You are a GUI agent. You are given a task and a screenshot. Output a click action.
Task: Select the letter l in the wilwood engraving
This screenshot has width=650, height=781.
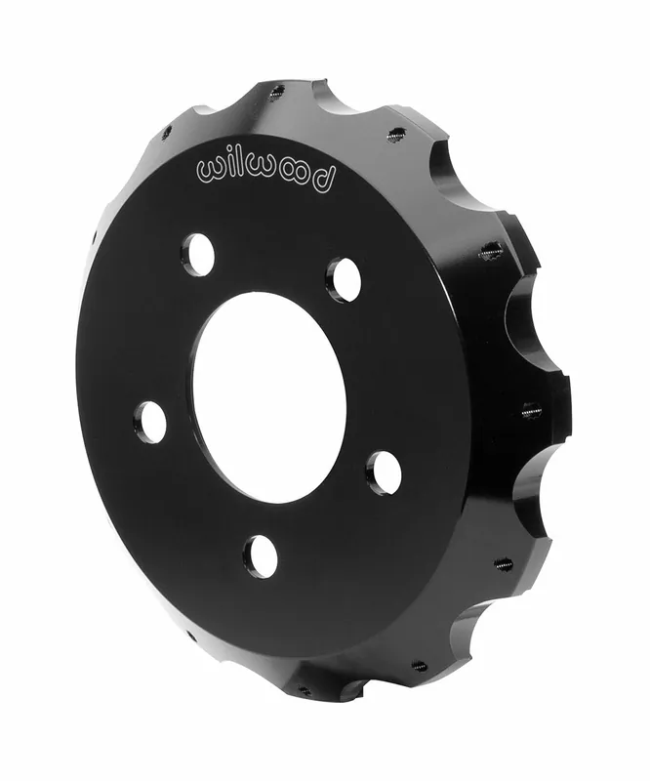tap(244, 164)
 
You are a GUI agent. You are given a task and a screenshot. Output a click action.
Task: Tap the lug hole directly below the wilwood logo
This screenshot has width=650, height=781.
tap(198, 254)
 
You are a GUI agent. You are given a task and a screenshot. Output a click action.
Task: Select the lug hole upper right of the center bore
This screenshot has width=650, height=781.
tap(343, 279)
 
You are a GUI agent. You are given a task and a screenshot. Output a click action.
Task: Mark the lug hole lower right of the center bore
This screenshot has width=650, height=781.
tap(384, 473)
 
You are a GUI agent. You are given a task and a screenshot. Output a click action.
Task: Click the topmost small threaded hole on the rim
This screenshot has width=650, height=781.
tap(277, 94)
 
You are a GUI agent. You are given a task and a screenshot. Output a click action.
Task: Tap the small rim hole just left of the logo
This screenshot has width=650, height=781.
tap(166, 132)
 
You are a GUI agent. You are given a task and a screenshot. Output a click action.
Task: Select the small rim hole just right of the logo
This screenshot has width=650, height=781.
tap(396, 136)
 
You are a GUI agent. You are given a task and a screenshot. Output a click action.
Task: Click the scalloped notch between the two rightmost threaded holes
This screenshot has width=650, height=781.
tap(532, 332)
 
